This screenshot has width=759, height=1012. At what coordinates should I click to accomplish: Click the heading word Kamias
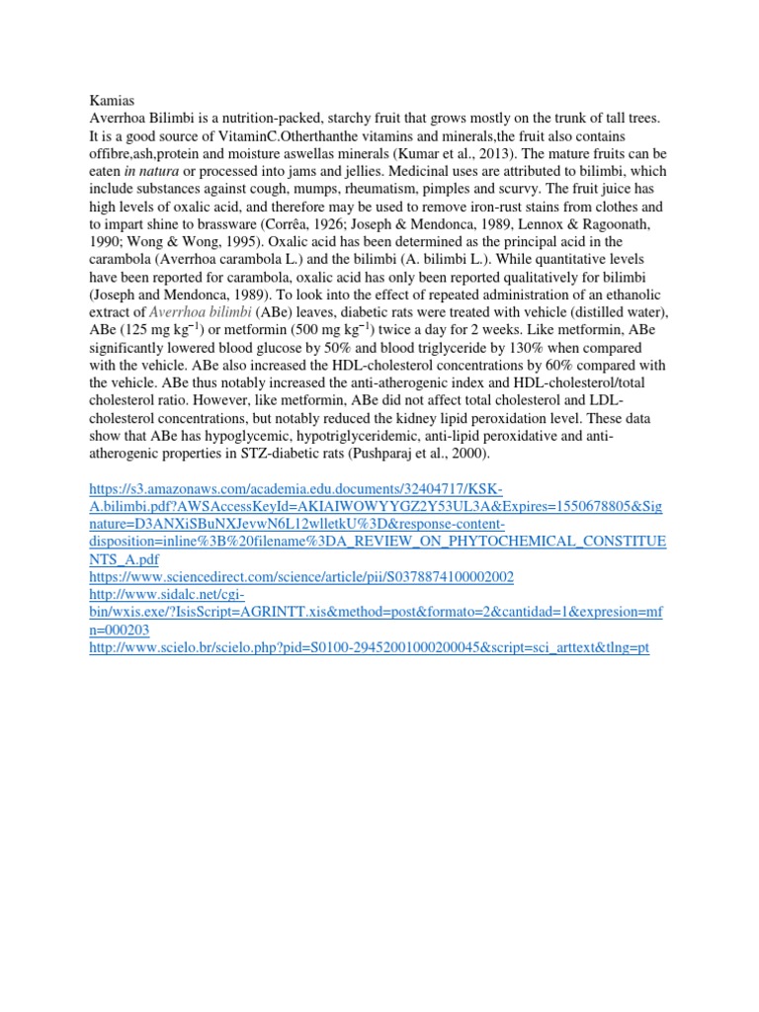tap(112, 100)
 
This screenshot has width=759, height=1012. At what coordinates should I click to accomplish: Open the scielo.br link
tap(369, 648)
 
